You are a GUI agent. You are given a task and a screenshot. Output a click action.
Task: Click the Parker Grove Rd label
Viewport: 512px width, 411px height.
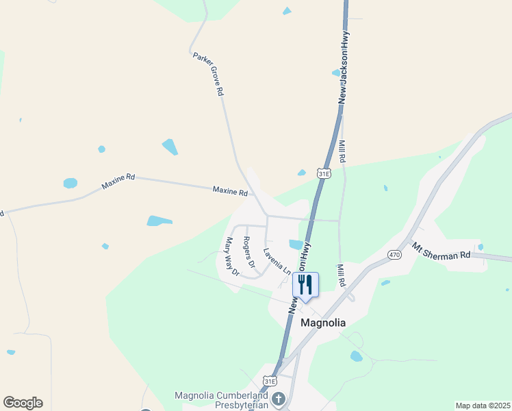coord(209,73)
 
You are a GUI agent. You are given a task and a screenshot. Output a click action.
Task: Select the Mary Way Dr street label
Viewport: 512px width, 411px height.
coord(232,256)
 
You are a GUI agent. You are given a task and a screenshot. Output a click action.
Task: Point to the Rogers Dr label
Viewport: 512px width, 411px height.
coord(249,251)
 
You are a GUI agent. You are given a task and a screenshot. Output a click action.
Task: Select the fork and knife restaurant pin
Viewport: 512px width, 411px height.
coord(305,284)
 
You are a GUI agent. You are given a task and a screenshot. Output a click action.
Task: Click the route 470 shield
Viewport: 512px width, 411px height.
coord(395,255)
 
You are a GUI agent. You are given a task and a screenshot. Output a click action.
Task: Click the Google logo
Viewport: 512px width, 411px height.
coord(23,403)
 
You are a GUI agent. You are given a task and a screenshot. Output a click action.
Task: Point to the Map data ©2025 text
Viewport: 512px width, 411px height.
coord(483,406)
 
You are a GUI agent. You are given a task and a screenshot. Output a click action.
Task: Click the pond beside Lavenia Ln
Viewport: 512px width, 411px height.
coord(296,245)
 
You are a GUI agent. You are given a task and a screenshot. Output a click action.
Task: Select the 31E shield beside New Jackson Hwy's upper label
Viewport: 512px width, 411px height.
coord(324,175)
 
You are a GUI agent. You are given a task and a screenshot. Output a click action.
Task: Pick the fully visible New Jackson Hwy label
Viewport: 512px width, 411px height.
coord(344,68)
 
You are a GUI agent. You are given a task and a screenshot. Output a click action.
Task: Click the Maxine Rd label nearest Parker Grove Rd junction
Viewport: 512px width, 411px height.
coord(229,191)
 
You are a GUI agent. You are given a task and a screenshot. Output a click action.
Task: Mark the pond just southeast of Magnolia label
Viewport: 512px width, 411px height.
coord(356,356)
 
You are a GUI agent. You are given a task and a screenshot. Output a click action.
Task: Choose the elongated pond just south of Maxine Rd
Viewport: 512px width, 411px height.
coord(159,221)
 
